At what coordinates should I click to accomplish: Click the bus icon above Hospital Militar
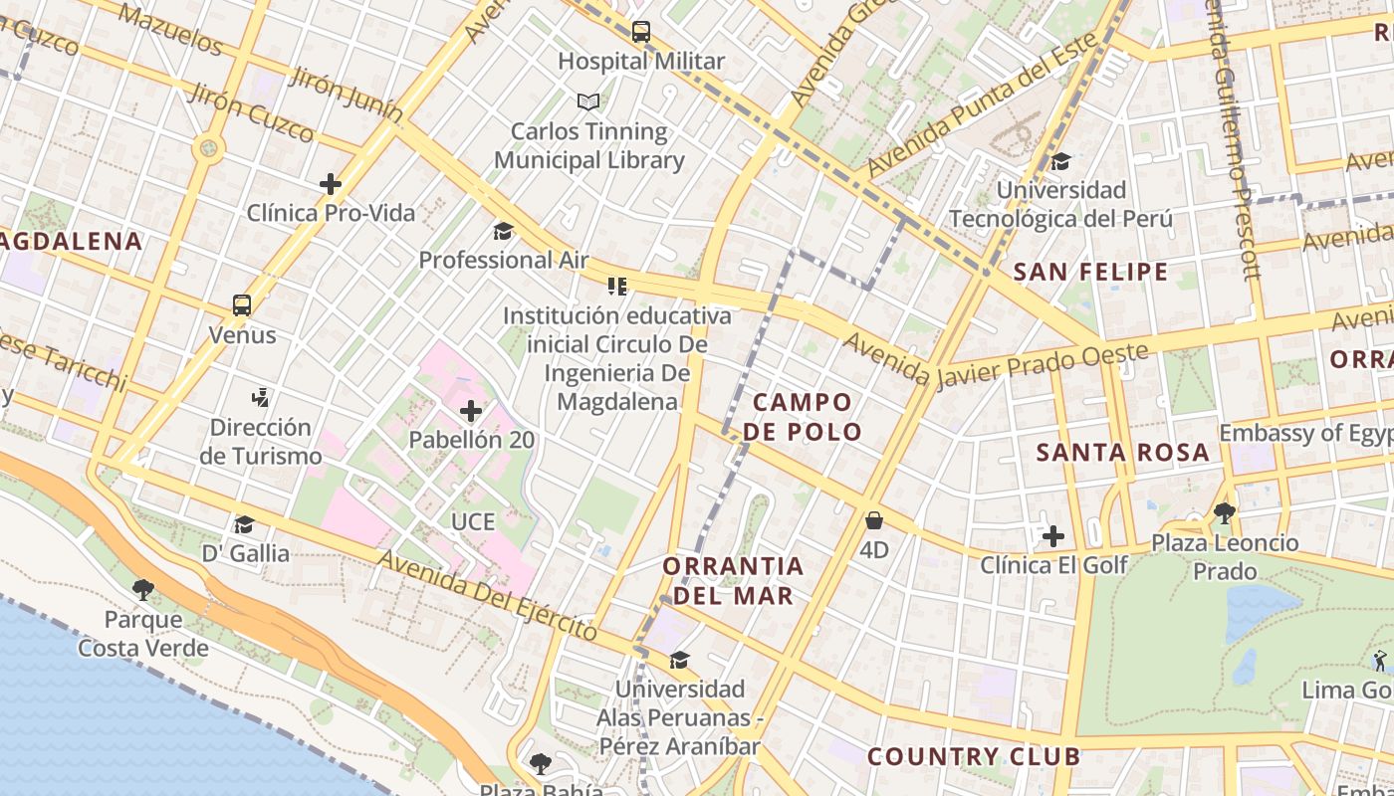pyautogui.click(x=641, y=31)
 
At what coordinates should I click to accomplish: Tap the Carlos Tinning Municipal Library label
pyautogui.click(x=589, y=145)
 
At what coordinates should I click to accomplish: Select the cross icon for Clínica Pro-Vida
pyautogui.click(x=331, y=184)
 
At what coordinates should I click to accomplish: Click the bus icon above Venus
pyautogui.click(x=242, y=305)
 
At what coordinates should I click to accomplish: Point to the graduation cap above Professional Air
pyautogui.click(x=503, y=232)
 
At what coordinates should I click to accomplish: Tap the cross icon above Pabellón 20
pyautogui.click(x=471, y=410)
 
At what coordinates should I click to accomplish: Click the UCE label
pyautogui.click(x=472, y=521)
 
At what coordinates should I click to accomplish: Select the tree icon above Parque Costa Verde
pyautogui.click(x=143, y=590)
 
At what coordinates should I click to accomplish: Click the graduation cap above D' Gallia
pyautogui.click(x=244, y=524)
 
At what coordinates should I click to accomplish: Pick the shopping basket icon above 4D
pyautogui.click(x=874, y=520)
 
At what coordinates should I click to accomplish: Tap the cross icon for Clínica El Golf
pyautogui.click(x=1052, y=537)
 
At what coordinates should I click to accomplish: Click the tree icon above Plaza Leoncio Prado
pyautogui.click(x=1224, y=513)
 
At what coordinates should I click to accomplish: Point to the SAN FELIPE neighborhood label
pyautogui.click(x=1090, y=272)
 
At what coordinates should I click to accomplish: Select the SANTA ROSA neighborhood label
pyautogui.click(x=1122, y=453)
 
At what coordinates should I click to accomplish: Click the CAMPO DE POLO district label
pyautogui.click(x=803, y=417)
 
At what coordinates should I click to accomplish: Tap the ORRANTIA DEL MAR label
pyautogui.click(x=733, y=581)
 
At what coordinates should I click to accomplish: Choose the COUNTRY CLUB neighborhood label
pyautogui.click(x=973, y=756)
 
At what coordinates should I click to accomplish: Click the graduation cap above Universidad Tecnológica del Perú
pyautogui.click(x=1060, y=161)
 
